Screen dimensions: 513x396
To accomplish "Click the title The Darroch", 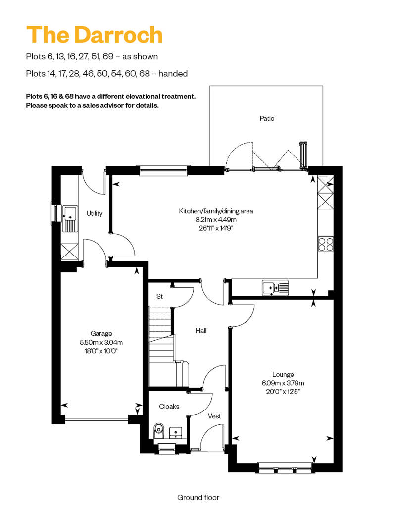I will point(94,35).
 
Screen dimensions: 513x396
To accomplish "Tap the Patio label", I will point(267,118).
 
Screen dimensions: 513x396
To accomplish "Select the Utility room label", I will point(95,213).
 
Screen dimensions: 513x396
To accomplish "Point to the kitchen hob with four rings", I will point(326,244).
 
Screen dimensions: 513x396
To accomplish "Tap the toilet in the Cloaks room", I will point(159,429).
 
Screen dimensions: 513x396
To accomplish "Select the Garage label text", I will point(101,333).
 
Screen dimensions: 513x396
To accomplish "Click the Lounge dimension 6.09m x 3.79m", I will point(283,383).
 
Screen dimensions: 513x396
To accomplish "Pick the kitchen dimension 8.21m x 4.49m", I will point(216,219).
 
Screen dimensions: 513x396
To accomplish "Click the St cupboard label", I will point(159,296).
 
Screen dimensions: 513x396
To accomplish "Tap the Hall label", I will point(201,330).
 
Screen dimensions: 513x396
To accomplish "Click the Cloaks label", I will point(169,406).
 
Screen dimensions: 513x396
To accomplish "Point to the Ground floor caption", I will point(198,497).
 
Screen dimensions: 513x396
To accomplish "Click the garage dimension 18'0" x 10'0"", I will point(101,350).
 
